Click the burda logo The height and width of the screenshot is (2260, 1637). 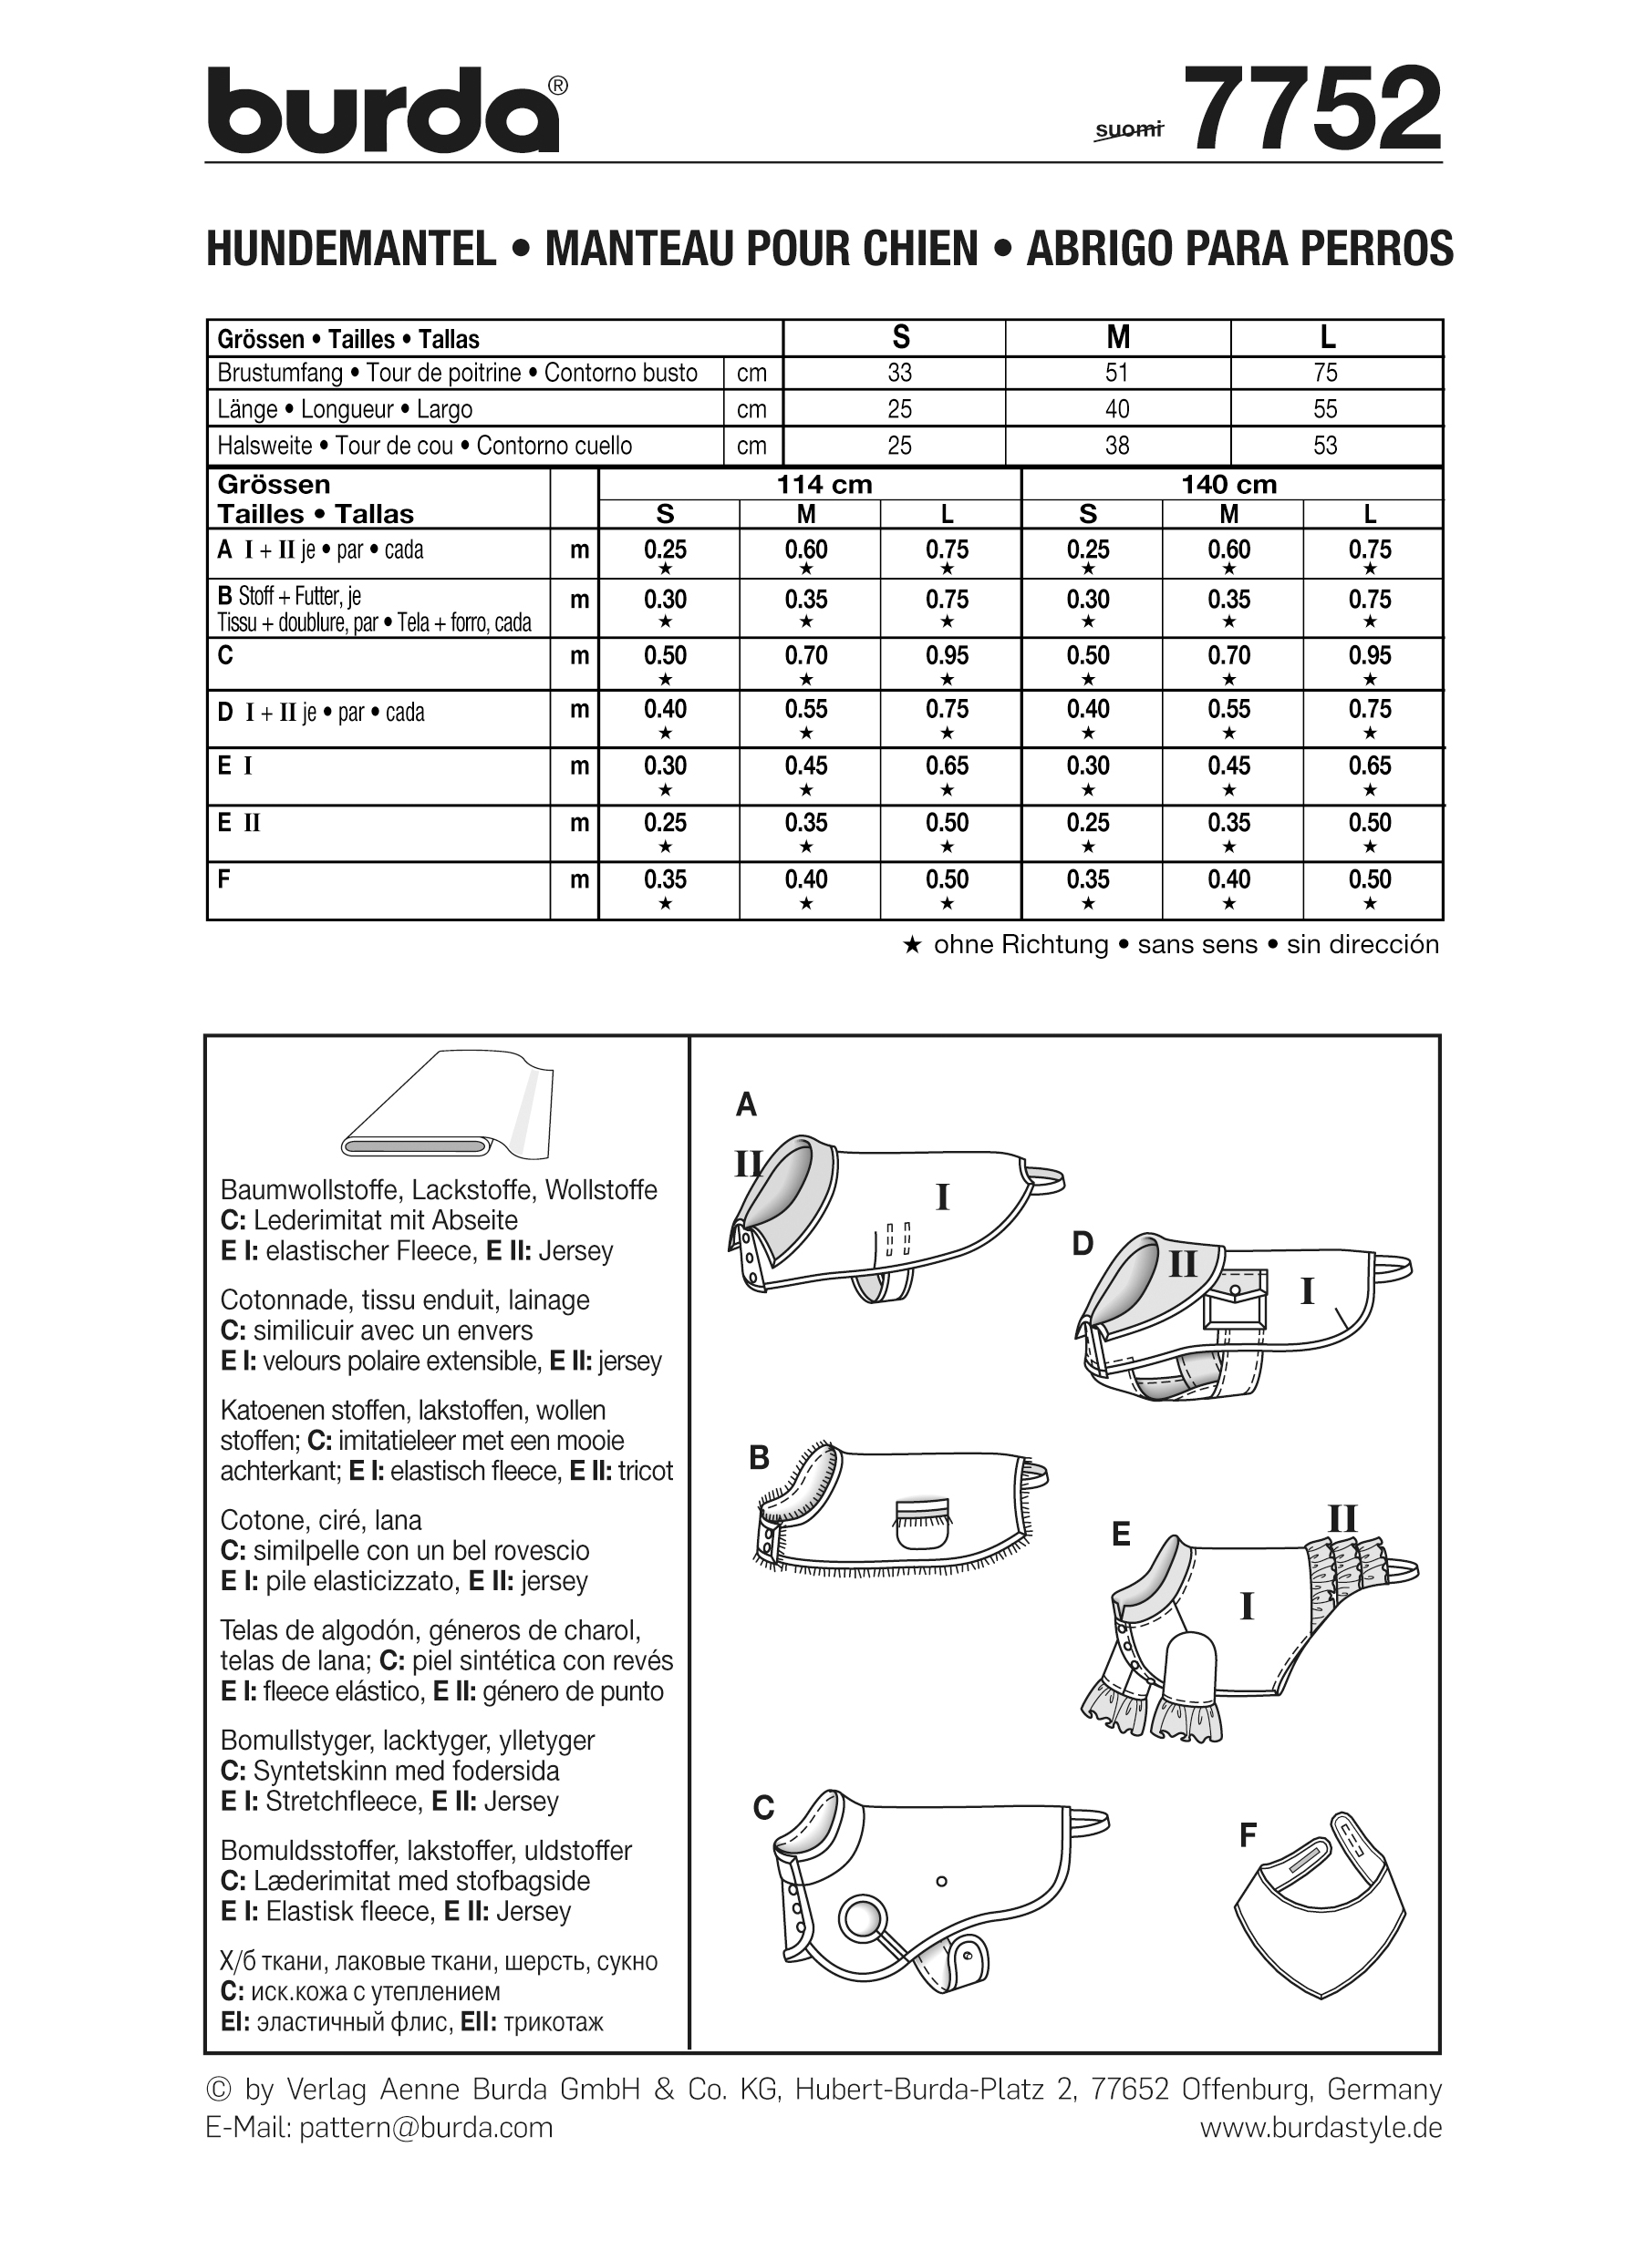pos(384,111)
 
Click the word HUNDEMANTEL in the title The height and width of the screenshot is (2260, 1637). pos(351,249)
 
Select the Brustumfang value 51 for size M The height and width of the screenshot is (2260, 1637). pos(1116,373)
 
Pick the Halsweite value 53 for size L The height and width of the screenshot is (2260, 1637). pos(1325,446)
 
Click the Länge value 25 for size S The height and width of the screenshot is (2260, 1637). pos(899,408)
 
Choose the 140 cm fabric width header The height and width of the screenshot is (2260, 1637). pos(1228,484)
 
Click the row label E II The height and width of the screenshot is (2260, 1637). pos(239,823)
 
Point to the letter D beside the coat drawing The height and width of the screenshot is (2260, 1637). pos(1083,1244)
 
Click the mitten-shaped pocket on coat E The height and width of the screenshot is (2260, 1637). pos(1190,1661)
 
